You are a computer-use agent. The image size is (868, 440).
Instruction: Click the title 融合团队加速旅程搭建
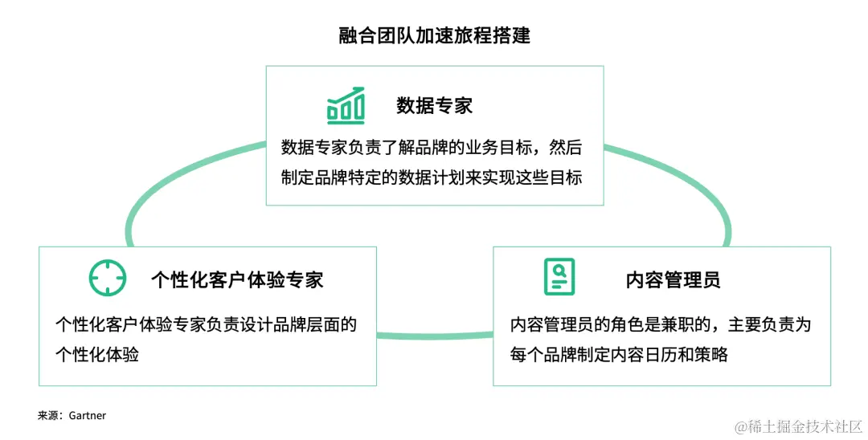click(434, 36)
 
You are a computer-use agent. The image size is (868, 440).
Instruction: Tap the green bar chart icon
click(346, 106)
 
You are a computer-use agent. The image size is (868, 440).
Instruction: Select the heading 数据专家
click(434, 105)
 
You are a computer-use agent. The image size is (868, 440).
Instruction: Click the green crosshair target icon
click(107, 278)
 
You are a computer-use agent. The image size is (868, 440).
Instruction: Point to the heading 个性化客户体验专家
click(237, 279)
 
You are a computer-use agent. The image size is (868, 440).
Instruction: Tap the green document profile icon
click(559, 277)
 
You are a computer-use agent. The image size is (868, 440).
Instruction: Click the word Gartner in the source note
click(88, 416)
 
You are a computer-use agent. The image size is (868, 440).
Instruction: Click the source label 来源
click(47, 416)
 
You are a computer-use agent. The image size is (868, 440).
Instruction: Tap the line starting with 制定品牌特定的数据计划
click(432, 177)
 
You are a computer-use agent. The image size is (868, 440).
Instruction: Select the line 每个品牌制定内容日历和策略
click(619, 354)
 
